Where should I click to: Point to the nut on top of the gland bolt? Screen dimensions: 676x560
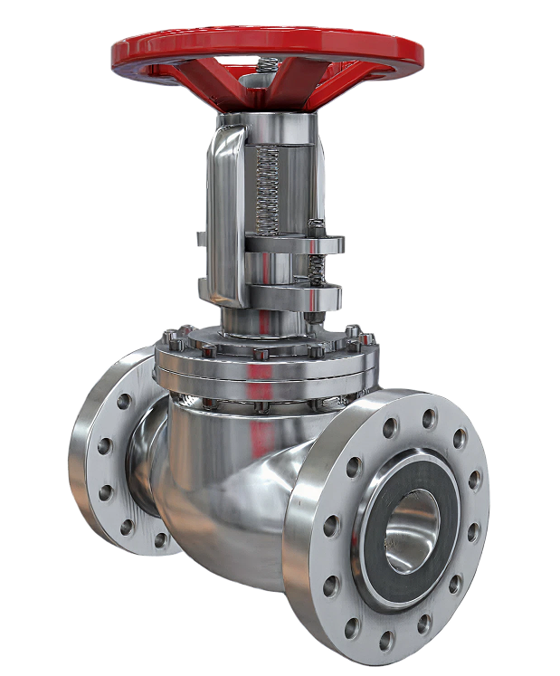coord(317,226)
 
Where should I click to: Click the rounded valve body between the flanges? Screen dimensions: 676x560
coord(226,489)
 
